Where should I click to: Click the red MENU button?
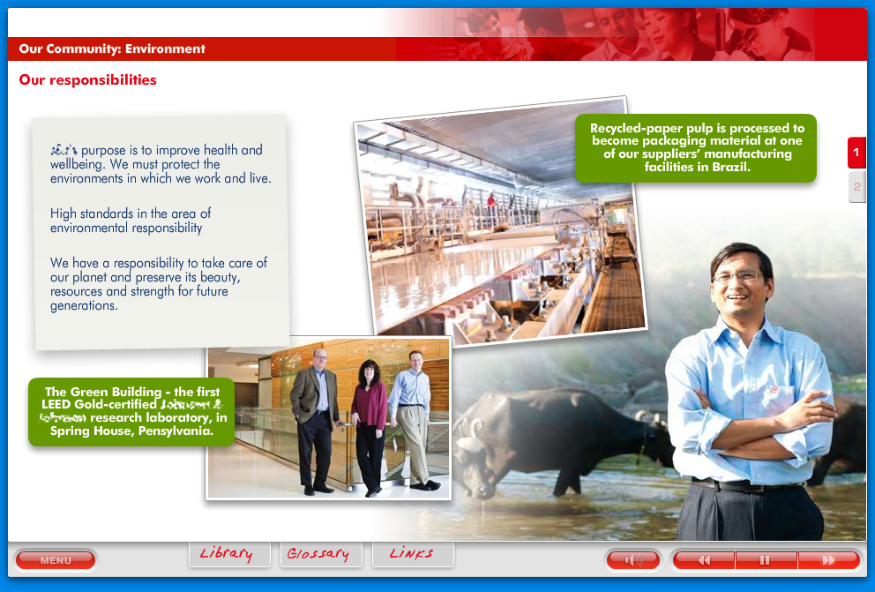click(56, 560)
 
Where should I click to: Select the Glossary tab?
click(318, 553)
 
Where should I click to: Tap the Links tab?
click(411, 553)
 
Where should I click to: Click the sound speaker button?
click(633, 560)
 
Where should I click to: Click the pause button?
click(766, 560)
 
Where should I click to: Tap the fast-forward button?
click(828, 560)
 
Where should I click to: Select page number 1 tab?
click(856, 153)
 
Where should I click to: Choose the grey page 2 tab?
click(856, 187)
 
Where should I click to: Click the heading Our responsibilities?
click(87, 80)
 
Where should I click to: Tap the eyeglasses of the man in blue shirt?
click(737, 276)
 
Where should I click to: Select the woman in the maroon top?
click(369, 410)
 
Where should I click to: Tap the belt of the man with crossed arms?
click(741, 484)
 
